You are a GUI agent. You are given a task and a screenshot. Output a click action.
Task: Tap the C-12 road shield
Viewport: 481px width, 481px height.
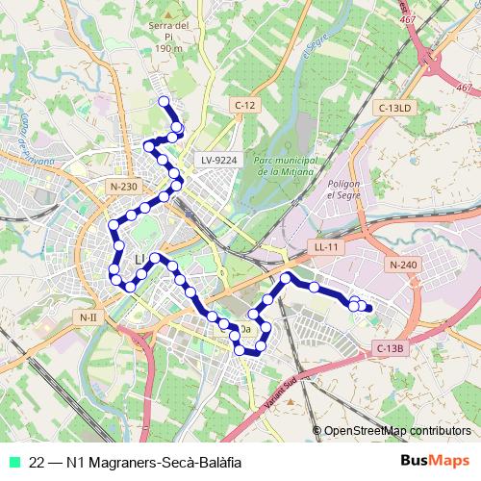click(241, 103)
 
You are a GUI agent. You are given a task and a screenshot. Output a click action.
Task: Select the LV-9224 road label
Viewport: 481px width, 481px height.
click(219, 160)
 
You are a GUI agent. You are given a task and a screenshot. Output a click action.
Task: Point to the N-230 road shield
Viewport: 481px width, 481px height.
click(124, 186)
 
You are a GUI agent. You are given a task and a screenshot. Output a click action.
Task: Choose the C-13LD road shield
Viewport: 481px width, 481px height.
click(394, 109)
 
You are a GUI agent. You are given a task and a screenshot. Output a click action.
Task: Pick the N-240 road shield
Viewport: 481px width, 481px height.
click(403, 264)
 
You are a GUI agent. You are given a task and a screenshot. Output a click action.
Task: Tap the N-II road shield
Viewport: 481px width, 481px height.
click(88, 316)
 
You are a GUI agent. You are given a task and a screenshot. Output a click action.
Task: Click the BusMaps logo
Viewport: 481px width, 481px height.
click(434, 462)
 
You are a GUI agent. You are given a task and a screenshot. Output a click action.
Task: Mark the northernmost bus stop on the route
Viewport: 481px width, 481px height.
click(164, 101)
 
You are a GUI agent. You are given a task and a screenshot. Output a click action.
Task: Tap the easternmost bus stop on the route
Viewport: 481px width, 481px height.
click(367, 307)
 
